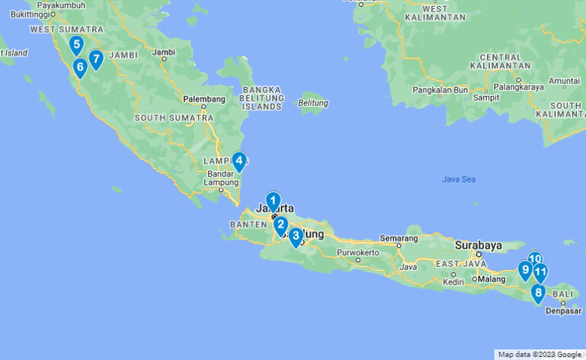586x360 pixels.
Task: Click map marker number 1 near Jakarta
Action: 273,201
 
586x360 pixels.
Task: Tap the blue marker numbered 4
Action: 239,161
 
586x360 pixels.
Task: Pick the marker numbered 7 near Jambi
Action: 95,58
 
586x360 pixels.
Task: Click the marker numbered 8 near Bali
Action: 538,292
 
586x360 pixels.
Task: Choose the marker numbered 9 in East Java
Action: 525,269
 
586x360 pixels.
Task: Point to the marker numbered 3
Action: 295,236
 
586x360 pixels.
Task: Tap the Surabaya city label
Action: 478,246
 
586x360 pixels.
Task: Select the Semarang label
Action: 399,238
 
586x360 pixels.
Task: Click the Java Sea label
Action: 459,179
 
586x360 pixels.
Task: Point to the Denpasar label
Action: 565,310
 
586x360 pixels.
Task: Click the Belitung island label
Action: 313,103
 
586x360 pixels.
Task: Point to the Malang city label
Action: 492,278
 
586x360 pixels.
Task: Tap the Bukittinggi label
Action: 24,14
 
